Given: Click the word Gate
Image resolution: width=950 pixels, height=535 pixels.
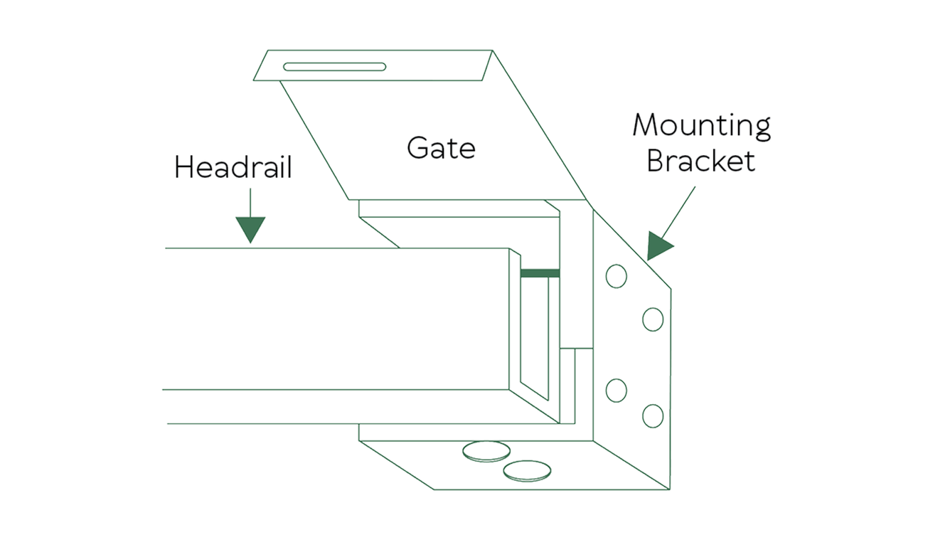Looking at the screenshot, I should click(441, 147).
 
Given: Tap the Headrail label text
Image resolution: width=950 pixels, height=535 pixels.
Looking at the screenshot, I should click(233, 168).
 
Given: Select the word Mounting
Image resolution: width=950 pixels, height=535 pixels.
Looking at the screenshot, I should click(702, 127).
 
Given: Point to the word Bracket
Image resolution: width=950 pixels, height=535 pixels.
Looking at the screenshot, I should click(700, 161).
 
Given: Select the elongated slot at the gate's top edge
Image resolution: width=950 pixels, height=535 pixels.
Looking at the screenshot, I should click(334, 67).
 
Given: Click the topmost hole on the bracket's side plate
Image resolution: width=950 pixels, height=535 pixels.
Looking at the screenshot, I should click(617, 276).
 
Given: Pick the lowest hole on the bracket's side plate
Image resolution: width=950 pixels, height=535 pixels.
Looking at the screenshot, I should click(653, 415).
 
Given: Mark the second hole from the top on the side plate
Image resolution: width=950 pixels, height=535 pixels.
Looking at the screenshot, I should click(653, 319).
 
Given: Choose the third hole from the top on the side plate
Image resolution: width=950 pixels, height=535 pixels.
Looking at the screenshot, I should click(617, 391).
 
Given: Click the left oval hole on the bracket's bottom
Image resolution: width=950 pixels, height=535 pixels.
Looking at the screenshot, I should click(486, 451).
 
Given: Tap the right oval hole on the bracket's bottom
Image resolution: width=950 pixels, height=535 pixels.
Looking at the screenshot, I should click(527, 470).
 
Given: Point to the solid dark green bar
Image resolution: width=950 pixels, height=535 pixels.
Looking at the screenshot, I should click(540, 273).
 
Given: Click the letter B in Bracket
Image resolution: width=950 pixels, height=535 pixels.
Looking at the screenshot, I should click(655, 161).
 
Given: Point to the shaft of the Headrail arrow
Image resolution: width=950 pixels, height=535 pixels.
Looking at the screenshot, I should click(250, 203).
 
